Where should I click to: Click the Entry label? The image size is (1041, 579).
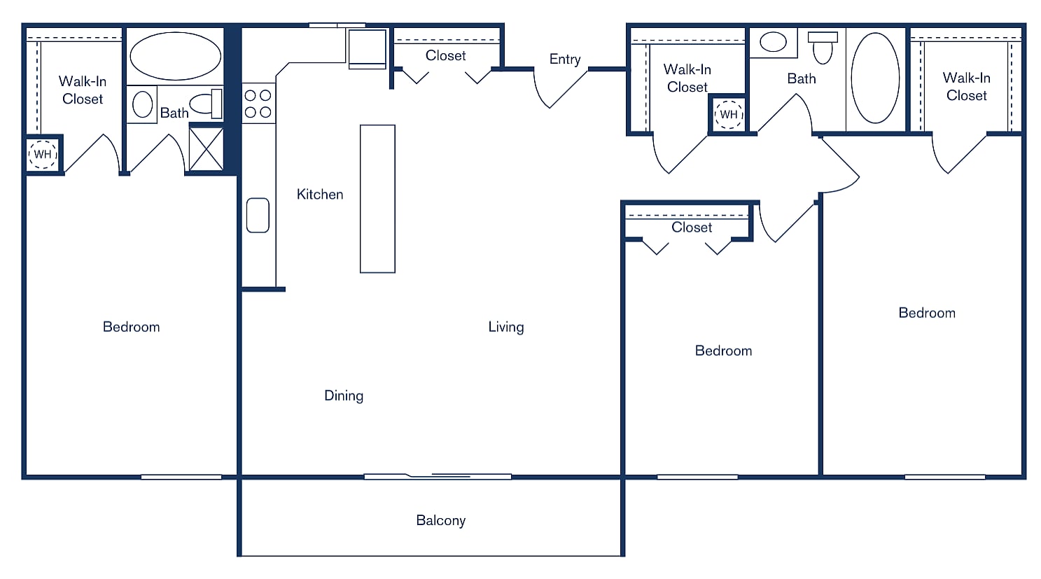564,60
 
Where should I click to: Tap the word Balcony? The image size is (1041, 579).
440,520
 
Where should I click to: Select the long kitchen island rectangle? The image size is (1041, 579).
377,199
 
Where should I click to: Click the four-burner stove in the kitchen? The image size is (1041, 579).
258,104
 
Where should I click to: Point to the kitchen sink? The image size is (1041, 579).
258,215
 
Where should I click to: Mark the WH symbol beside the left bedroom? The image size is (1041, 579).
43,154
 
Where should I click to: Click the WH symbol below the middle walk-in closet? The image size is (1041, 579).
729,114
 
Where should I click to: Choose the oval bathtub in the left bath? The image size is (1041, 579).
175,56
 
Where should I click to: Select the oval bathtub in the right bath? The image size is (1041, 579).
875,78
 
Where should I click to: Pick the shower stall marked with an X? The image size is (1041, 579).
207,148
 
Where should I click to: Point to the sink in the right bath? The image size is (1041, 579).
773,42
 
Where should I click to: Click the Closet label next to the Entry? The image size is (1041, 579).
445,55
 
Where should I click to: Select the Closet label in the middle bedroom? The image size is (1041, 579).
691,228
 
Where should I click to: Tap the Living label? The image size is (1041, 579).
505,327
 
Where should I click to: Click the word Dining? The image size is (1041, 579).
343,396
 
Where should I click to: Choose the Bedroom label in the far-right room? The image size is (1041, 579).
926,313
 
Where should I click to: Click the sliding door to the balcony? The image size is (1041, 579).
438,477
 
